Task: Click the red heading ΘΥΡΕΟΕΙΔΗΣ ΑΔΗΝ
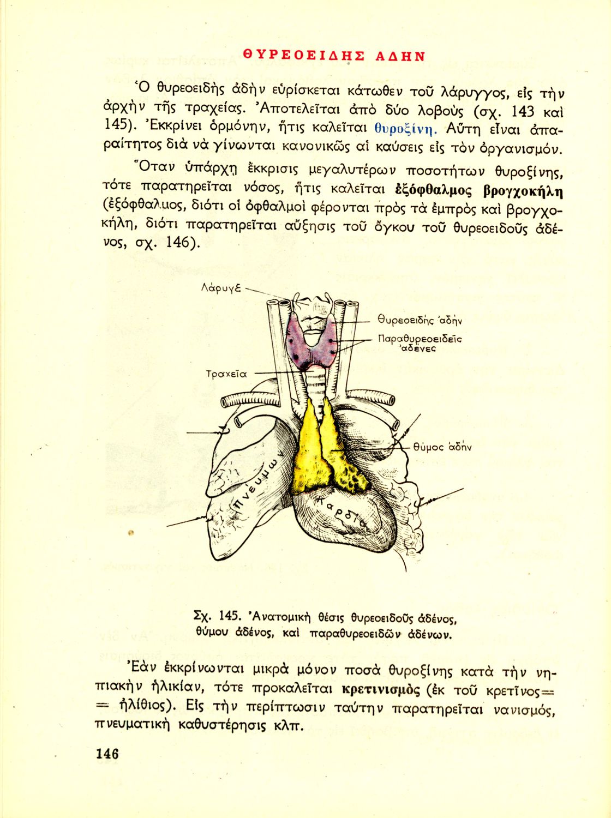pos(334,56)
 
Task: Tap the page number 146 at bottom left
pos(107,754)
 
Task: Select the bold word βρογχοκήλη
pos(523,192)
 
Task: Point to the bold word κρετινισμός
pos(381,689)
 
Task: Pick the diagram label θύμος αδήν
pos(442,447)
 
